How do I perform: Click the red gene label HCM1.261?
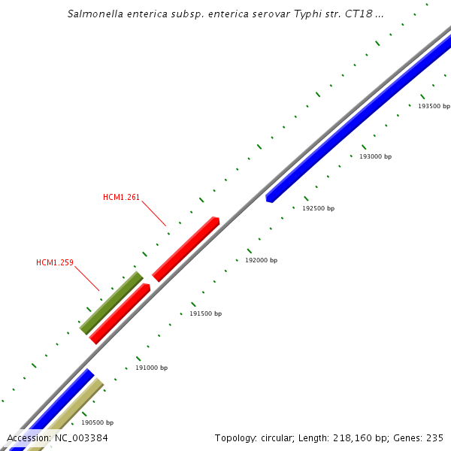(x=121, y=198)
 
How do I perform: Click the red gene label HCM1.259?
(x=55, y=263)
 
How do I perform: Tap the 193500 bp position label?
(x=434, y=106)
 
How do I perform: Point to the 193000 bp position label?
(x=375, y=156)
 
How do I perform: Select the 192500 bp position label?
(x=318, y=208)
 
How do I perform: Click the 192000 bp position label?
(x=261, y=260)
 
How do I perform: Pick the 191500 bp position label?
(x=205, y=313)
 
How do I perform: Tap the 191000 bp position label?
(x=151, y=368)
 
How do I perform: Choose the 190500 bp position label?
(x=97, y=422)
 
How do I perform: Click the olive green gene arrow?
(x=111, y=303)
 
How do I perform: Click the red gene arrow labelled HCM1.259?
(x=120, y=313)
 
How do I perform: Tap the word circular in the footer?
(x=283, y=437)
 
